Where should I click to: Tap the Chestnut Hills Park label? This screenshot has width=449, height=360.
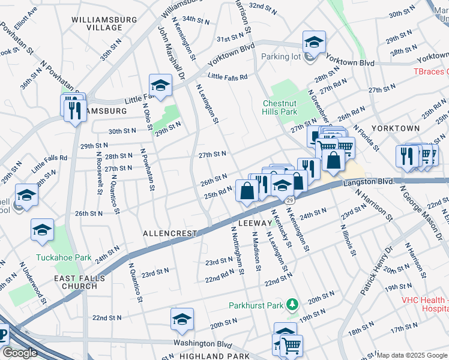point(280,107)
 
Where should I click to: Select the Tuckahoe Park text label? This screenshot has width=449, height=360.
point(64,257)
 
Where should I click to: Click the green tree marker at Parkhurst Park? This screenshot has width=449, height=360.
point(292,305)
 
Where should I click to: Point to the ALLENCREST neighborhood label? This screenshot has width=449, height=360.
point(170,232)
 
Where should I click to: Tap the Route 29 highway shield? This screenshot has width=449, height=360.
point(290,199)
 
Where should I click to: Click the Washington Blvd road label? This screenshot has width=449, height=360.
point(202,344)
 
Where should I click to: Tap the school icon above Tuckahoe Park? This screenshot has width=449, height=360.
point(43,230)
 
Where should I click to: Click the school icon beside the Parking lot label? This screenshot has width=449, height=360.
point(313,41)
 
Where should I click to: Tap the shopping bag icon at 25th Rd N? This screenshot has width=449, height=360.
point(247,191)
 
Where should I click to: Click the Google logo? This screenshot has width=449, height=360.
point(20,353)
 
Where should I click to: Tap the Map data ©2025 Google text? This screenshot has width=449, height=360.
point(412,355)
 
